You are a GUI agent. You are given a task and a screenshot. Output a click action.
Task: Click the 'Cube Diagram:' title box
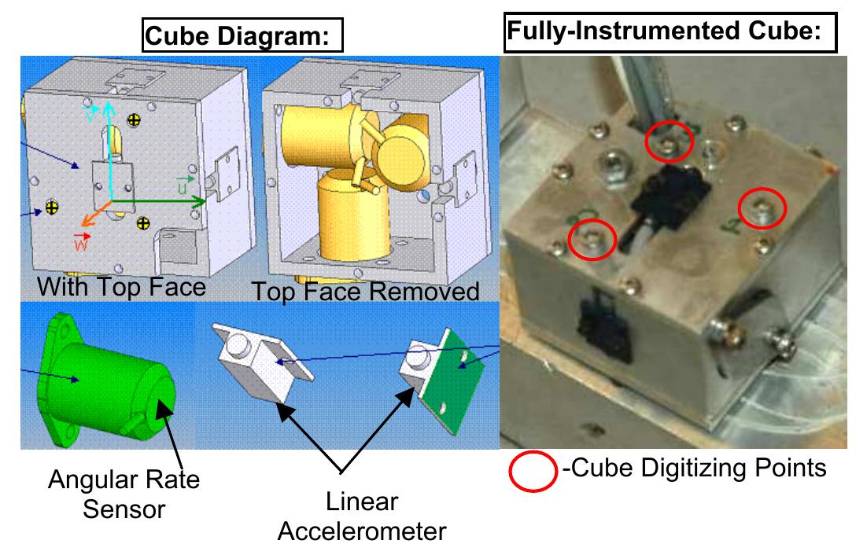242,35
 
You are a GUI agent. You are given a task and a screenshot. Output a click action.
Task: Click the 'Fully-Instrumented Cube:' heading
670,31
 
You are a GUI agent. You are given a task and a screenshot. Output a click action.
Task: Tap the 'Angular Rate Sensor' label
124,494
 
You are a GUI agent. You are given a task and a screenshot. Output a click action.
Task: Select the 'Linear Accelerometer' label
362,516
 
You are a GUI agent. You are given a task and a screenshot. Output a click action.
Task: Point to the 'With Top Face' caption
121,287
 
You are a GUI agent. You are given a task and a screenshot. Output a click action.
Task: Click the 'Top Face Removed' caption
365,291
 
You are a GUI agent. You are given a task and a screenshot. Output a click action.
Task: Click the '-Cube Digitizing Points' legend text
695,469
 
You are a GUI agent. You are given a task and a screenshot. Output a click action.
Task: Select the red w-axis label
81,241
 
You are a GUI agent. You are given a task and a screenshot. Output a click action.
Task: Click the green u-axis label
184,186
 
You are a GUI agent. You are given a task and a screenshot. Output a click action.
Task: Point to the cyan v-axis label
90,114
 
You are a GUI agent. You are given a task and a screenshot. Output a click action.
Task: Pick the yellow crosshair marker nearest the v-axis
134,119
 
